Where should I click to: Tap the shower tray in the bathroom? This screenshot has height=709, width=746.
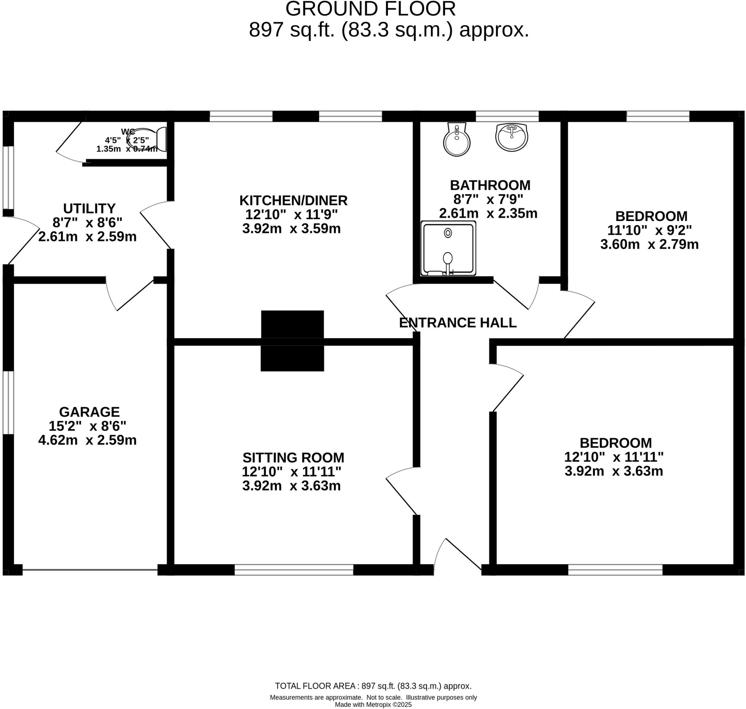pyautogui.click(x=448, y=248)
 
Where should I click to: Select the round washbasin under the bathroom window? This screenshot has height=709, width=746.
pyautogui.click(x=511, y=137)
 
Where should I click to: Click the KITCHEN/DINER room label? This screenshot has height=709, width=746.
pyautogui.click(x=293, y=200)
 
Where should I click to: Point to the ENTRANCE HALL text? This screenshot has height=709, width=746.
pyautogui.click(x=458, y=323)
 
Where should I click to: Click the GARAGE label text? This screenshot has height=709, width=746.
pyautogui.click(x=90, y=411)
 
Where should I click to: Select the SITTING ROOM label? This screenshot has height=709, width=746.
pyautogui.click(x=293, y=458)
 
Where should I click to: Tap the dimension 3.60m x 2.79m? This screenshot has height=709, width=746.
pyautogui.click(x=649, y=244)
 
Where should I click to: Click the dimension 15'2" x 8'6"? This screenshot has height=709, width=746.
pyautogui.click(x=87, y=426)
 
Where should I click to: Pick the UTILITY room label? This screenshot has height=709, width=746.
pyautogui.click(x=89, y=209)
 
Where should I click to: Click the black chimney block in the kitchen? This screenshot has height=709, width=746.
pyautogui.click(x=292, y=324)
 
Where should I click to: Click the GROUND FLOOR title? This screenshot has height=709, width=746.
pyautogui.click(x=370, y=9)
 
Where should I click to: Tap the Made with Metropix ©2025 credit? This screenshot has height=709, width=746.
pyautogui.click(x=373, y=705)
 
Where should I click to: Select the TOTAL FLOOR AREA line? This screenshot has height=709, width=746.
pyautogui.click(x=373, y=686)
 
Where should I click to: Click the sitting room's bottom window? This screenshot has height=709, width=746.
pyautogui.click(x=294, y=570)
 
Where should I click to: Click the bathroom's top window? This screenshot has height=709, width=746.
pyautogui.click(x=507, y=116)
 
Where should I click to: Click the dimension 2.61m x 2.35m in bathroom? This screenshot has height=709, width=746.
pyautogui.click(x=488, y=213)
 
